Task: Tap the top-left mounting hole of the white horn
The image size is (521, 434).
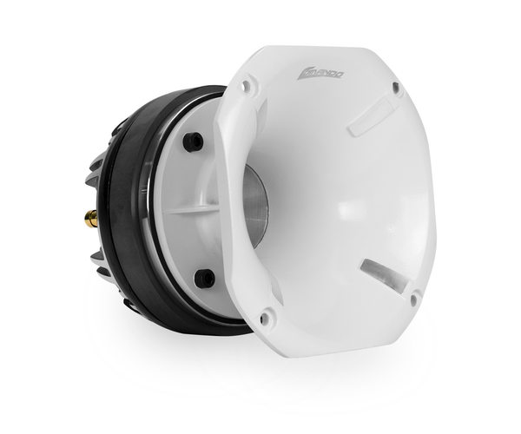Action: (247, 85)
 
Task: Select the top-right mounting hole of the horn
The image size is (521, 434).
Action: (396, 87)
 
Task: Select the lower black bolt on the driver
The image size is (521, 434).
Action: (206, 277)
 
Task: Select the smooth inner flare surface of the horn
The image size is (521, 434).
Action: (347, 200)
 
